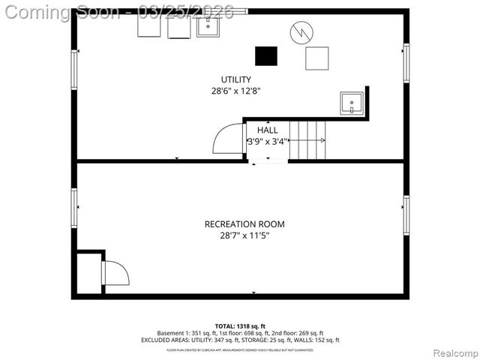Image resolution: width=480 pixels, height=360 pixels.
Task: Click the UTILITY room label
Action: pos(235,79)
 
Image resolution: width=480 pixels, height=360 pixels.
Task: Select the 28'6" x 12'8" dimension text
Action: pos(235,91)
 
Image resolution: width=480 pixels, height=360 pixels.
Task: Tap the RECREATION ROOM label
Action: pos(244,224)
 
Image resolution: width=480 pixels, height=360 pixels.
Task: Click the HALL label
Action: pos(267,130)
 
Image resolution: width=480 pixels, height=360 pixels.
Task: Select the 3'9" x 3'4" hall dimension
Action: pos(267,141)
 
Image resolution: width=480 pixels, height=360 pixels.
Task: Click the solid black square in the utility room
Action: pos(265,56)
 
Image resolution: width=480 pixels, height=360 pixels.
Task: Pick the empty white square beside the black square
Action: pos(316,58)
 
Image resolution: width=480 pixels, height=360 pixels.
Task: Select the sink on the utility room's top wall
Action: pos(208,25)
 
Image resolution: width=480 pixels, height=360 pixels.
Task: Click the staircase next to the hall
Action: pos(308,140)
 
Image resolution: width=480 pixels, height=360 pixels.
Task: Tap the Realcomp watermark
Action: pos(451,352)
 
